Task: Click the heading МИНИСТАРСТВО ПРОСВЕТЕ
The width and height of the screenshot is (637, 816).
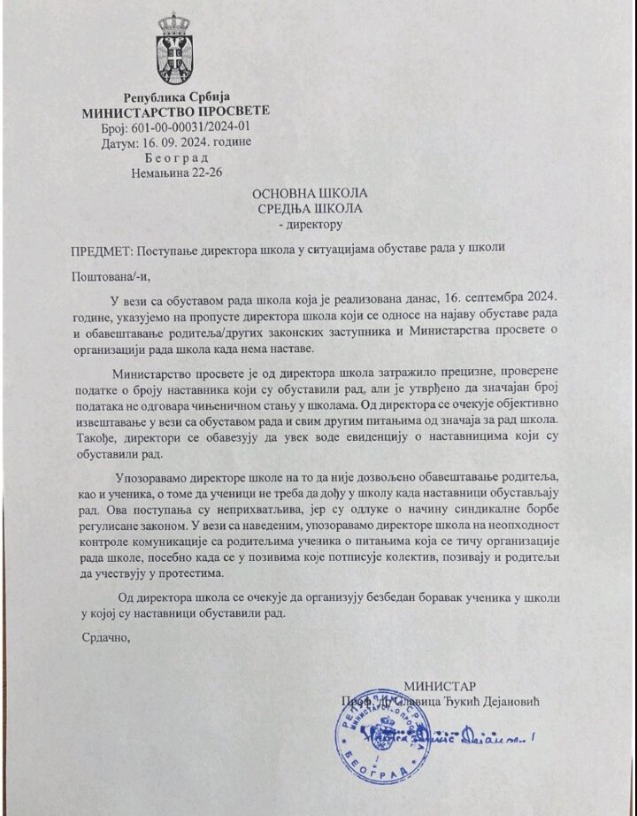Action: pyautogui.click(x=175, y=112)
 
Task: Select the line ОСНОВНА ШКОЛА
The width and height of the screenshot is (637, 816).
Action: pyautogui.click(x=310, y=193)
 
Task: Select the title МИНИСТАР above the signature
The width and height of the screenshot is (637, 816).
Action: pyautogui.click(x=440, y=686)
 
